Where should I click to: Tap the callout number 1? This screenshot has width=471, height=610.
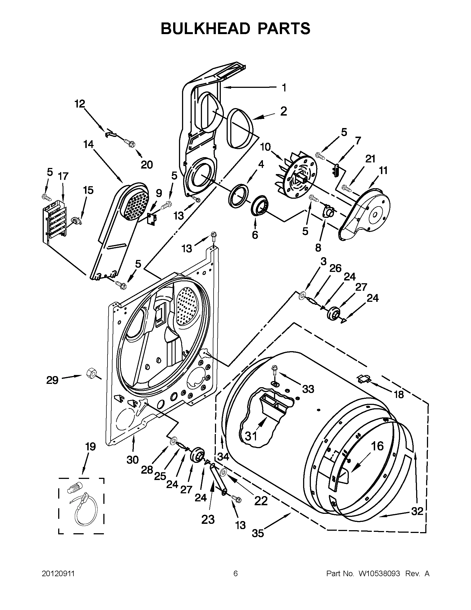point(284,88)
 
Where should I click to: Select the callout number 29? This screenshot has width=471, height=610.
point(52,380)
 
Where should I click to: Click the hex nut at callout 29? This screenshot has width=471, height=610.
point(91,372)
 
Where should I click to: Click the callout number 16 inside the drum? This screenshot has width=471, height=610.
point(377,446)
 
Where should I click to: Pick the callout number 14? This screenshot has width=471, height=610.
point(88,144)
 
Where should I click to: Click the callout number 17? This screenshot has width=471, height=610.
point(63,176)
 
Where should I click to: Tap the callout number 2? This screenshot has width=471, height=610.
point(283,112)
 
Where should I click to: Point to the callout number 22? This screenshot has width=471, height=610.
point(261,501)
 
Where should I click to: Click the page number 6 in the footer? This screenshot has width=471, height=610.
point(235,574)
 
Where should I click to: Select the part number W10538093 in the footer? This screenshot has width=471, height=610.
point(379,574)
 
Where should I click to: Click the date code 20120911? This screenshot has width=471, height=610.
point(58,574)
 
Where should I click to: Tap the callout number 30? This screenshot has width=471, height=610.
point(132,460)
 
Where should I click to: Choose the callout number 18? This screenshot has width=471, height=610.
point(399,394)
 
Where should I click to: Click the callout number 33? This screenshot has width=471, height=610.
point(308,389)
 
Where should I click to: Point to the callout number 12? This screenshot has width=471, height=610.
point(80,104)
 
